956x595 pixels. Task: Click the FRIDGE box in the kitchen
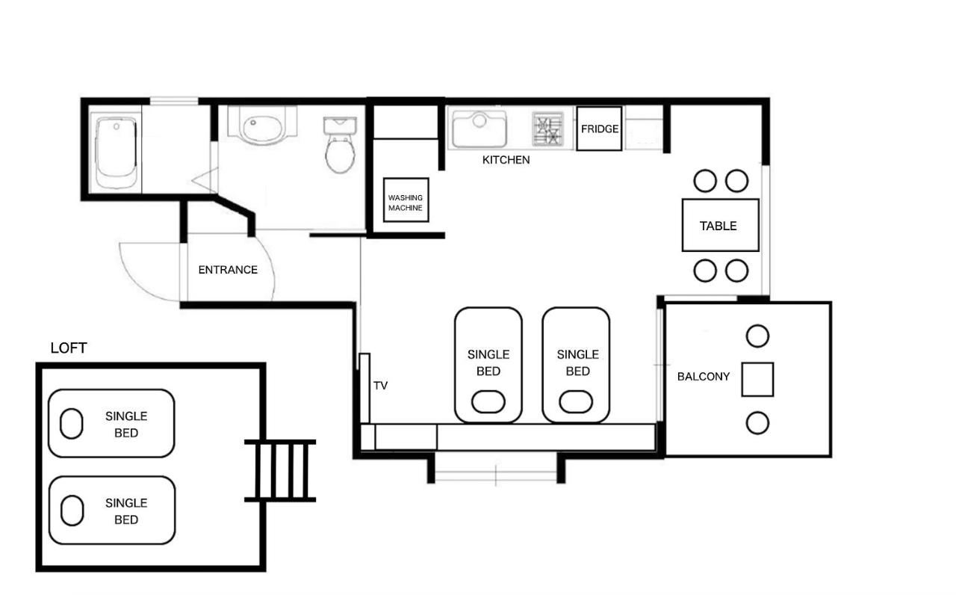[x=599, y=129]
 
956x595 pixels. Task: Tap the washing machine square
[x=406, y=200]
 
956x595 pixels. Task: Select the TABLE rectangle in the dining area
[x=721, y=225]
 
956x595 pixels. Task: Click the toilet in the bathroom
[x=340, y=144]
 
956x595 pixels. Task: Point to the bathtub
[x=116, y=152]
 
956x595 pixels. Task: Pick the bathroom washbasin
[x=262, y=126]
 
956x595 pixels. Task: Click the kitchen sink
[x=479, y=129]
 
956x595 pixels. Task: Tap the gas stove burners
[x=548, y=129]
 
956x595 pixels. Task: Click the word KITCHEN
[x=506, y=160]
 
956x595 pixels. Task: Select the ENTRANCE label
[x=228, y=270]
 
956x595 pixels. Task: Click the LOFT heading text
[x=69, y=348]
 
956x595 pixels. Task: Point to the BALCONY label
[x=704, y=377]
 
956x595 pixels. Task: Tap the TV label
[x=381, y=386]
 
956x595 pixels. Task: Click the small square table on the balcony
[x=757, y=380]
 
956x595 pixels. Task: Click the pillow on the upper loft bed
[x=71, y=423]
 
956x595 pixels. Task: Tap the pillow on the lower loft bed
[x=72, y=511]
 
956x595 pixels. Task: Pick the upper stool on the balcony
[x=757, y=336]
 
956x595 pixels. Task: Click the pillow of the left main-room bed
[x=488, y=401]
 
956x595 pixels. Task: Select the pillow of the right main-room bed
[x=576, y=401]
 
